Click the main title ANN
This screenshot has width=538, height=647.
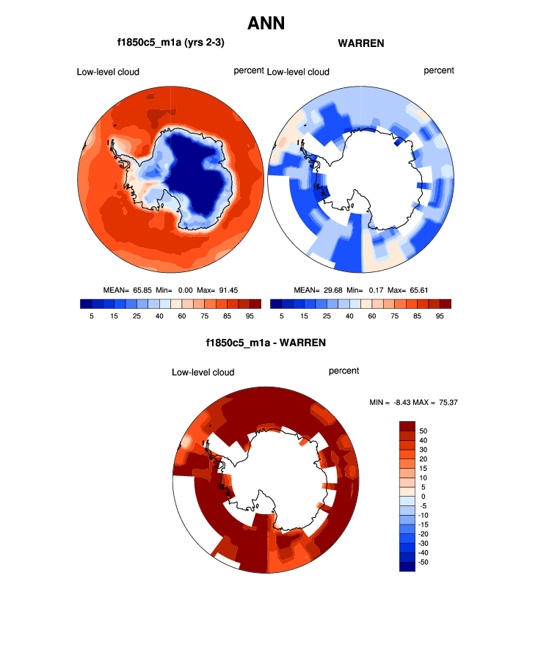(266, 23)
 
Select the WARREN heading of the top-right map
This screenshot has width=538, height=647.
(361, 43)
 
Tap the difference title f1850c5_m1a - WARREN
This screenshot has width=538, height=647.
(266, 343)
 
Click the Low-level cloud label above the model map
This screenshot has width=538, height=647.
(108, 72)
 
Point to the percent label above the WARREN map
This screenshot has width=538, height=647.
(439, 70)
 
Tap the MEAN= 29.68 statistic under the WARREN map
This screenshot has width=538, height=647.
(320, 290)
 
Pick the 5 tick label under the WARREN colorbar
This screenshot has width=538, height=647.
(282, 315)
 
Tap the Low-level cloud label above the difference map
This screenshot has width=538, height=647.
(203, 373)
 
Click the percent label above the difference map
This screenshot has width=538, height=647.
(343, 371)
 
